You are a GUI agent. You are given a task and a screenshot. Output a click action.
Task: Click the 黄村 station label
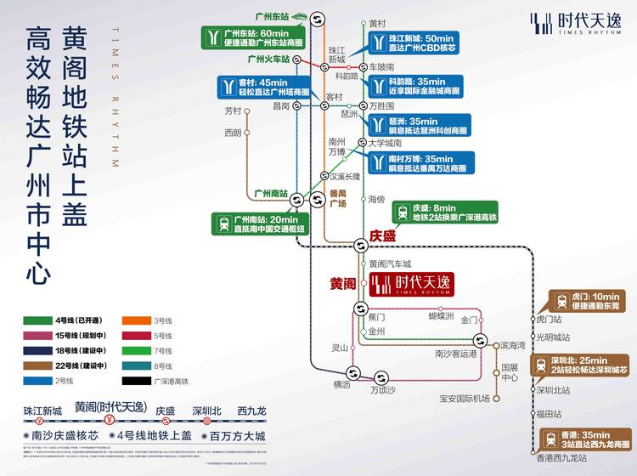(x=378, y=24)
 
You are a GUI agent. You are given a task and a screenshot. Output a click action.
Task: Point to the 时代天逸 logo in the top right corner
(x=569, y=23)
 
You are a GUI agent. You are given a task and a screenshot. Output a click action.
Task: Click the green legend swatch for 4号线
(x=36, y=320)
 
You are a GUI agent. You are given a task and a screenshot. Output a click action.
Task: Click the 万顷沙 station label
(x=383, y=390)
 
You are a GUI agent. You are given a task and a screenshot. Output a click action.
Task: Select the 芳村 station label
(x=233, y=110)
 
